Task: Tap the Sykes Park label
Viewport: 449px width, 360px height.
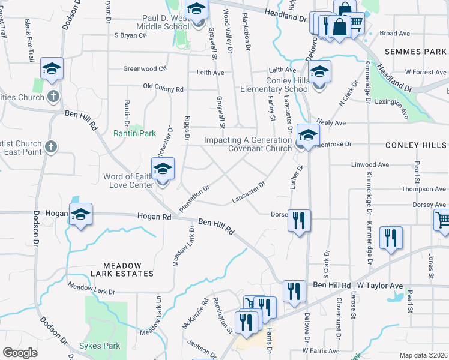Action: (x=99, y=346)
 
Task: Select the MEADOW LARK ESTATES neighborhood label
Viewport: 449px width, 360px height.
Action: (x=122, y=269)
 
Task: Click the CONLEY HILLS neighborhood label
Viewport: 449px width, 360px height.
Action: (x=415, y=145)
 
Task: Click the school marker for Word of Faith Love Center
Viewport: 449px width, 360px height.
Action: (x=163, y=169)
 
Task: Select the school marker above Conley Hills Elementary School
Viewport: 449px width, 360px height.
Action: (x=319, y=72)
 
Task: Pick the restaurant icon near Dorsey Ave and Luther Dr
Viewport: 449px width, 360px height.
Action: (x=298, y=221)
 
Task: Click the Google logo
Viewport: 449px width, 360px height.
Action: (x=20, y=353)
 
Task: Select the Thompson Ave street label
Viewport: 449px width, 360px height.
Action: (x=407, y=188)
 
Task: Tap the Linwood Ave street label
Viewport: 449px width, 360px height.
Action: (x=370, y=164)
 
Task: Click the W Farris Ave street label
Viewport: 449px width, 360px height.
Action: (x=321, y=351)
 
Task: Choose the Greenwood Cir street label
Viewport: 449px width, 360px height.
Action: (x=144, y=68)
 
